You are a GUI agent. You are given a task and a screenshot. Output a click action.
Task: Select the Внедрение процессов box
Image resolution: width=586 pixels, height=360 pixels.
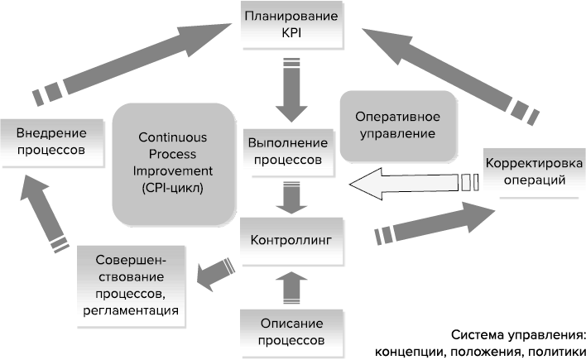pyautogui.click(x=51, y=141)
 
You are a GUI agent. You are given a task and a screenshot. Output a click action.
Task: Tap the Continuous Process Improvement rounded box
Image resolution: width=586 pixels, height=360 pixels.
pyautogui.click(x=172, y=162)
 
